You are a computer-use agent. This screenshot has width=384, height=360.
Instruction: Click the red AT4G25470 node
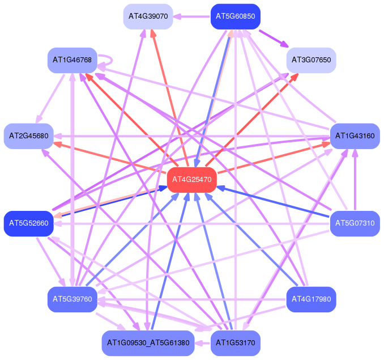pos(192,180)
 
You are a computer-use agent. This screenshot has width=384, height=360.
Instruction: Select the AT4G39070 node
pos(148,16)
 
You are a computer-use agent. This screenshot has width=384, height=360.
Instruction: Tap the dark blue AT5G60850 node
pos(236,16)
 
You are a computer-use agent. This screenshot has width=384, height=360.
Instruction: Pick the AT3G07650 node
pos(312,60)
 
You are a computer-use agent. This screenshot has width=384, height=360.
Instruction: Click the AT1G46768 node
pos(72,60)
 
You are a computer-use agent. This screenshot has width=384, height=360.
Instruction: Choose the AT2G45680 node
pos(29,136)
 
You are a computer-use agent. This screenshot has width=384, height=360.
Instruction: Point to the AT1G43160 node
pos(355,136)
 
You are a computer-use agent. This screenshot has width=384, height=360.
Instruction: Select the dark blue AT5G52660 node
pos(29,223)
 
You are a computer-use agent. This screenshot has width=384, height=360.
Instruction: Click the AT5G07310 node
pos(355,223)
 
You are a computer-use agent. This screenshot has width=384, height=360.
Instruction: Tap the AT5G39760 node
pos(72,299)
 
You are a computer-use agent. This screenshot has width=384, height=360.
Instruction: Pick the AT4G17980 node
pos(312,299)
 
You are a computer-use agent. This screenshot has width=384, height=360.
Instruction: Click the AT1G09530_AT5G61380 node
pos(148,343)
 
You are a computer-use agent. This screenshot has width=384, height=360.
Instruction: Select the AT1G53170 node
pos(236,343)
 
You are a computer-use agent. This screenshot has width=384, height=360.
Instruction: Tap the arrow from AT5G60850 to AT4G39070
pos(192,16)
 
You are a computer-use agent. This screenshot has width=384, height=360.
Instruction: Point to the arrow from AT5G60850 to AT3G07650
pos(274,39)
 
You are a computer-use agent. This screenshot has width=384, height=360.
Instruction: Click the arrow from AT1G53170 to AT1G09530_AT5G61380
pos(203,343)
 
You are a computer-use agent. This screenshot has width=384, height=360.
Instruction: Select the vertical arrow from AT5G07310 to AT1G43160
pos(355,180)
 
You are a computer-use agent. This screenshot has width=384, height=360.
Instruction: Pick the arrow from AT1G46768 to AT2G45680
pos(50,99)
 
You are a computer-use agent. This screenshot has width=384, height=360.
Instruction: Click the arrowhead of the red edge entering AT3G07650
pos(295,77)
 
